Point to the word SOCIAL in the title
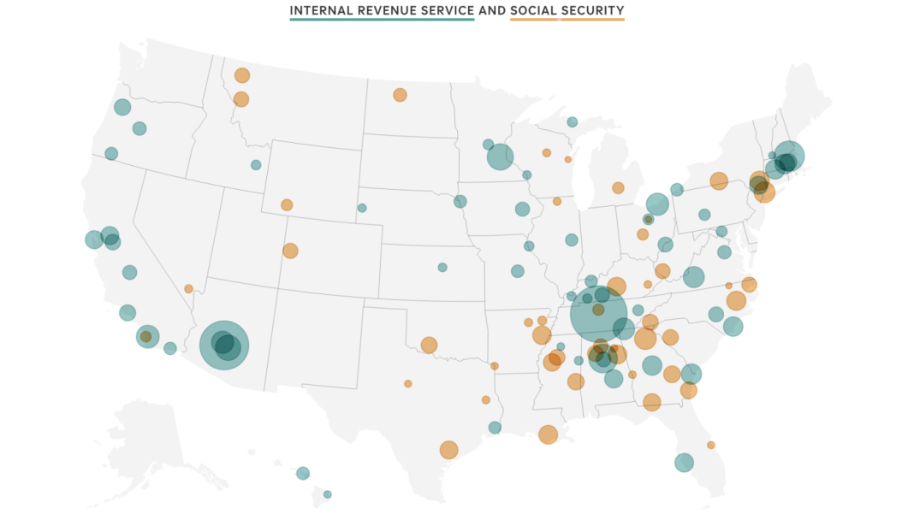click(532, 11)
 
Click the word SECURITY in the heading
click(592, 11)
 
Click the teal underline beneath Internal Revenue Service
click(382, 19)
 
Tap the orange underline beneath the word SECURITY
click(592, 19)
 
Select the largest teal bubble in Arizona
click(224, 346)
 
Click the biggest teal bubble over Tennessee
click(598, 314)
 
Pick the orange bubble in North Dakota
click(400, 95)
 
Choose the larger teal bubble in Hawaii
click(303, 473)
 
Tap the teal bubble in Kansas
click(442, 268)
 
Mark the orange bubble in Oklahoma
click(429, 345)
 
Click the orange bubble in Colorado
click(290, 251)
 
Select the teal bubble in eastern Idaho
click(256, 165)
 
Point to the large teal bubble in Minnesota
click(500, 157)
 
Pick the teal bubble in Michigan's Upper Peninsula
click(572, 122)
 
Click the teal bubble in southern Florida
click(684, 463)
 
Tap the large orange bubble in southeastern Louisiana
click(548, 434)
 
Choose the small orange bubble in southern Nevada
click(188, 289)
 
